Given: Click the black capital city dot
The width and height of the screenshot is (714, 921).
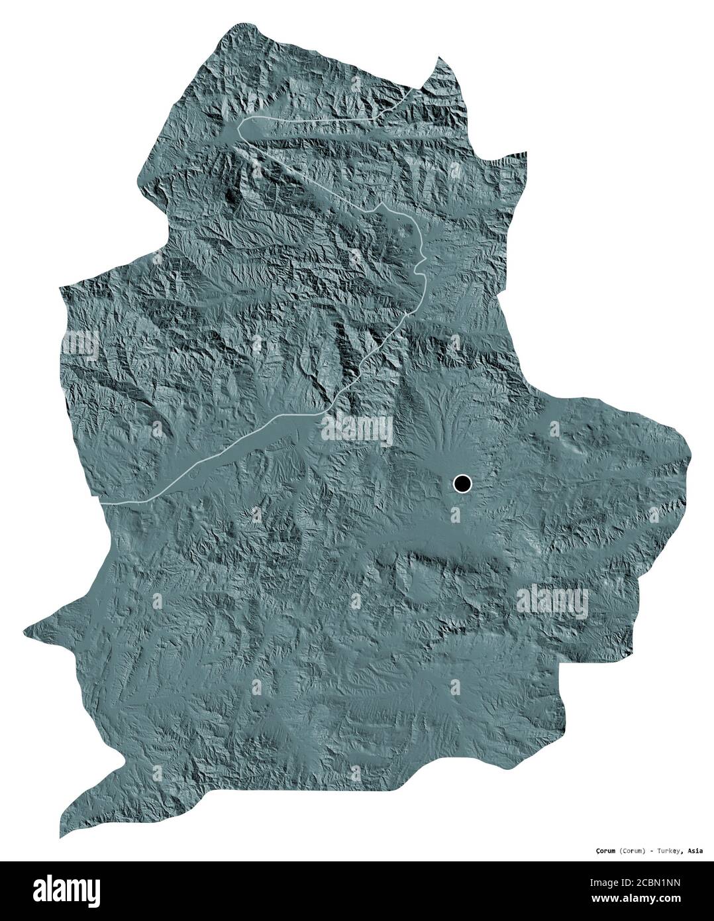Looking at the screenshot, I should pyautogui.click(x=462, y=484).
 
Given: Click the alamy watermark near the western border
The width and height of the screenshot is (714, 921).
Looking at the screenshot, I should pyautogui.click(x=79, y=344).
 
